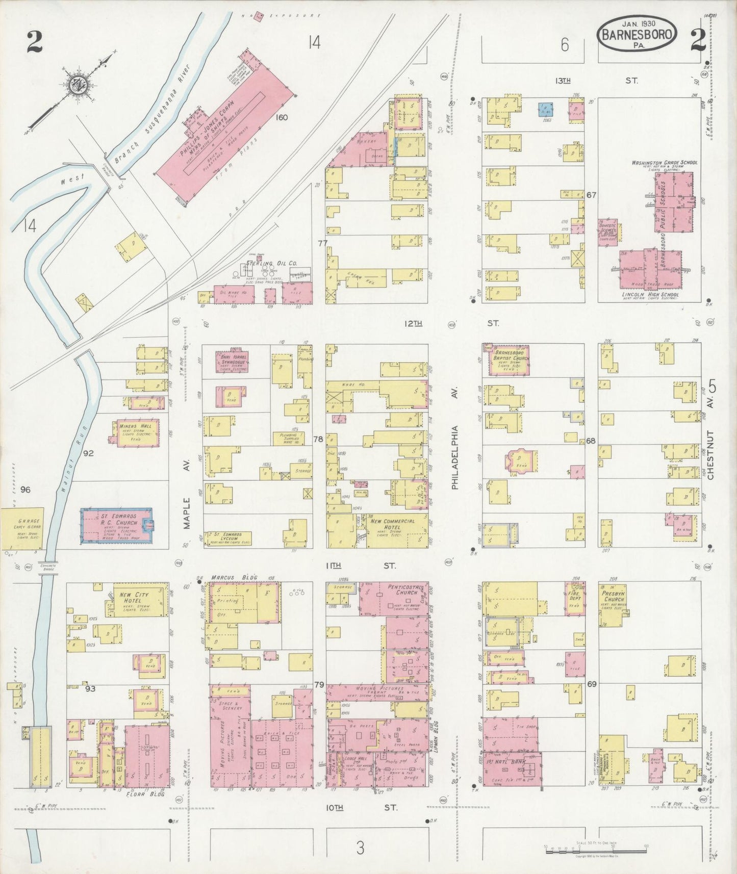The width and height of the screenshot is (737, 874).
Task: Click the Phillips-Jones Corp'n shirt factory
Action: pyautogui.click(x=224, y=134)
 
